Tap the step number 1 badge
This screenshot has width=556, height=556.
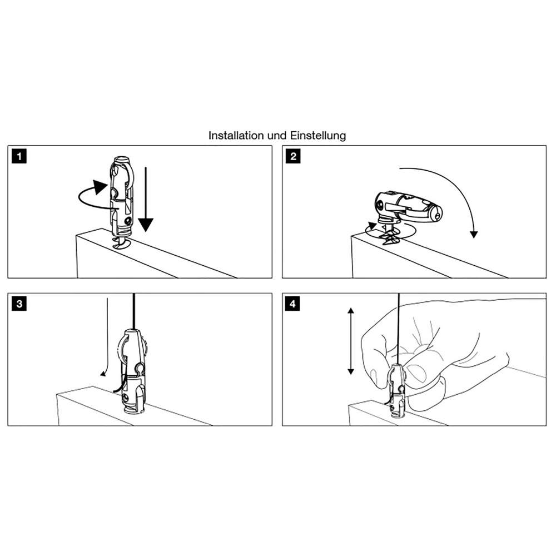(x=20, y=157)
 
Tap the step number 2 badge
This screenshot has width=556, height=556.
(x=293, y=157)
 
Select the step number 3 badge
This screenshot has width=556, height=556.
(x=20, y=304)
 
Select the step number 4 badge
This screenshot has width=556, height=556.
(x=293, y=304)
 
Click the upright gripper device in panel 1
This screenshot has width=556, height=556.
(x=123, y=195)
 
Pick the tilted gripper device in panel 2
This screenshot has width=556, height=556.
(x=409, y=207)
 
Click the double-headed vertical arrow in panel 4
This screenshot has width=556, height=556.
(x=350, y=342)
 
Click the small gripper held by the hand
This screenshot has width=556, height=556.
(x=398, y=389)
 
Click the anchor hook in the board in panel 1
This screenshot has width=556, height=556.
(x=121, y=242)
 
